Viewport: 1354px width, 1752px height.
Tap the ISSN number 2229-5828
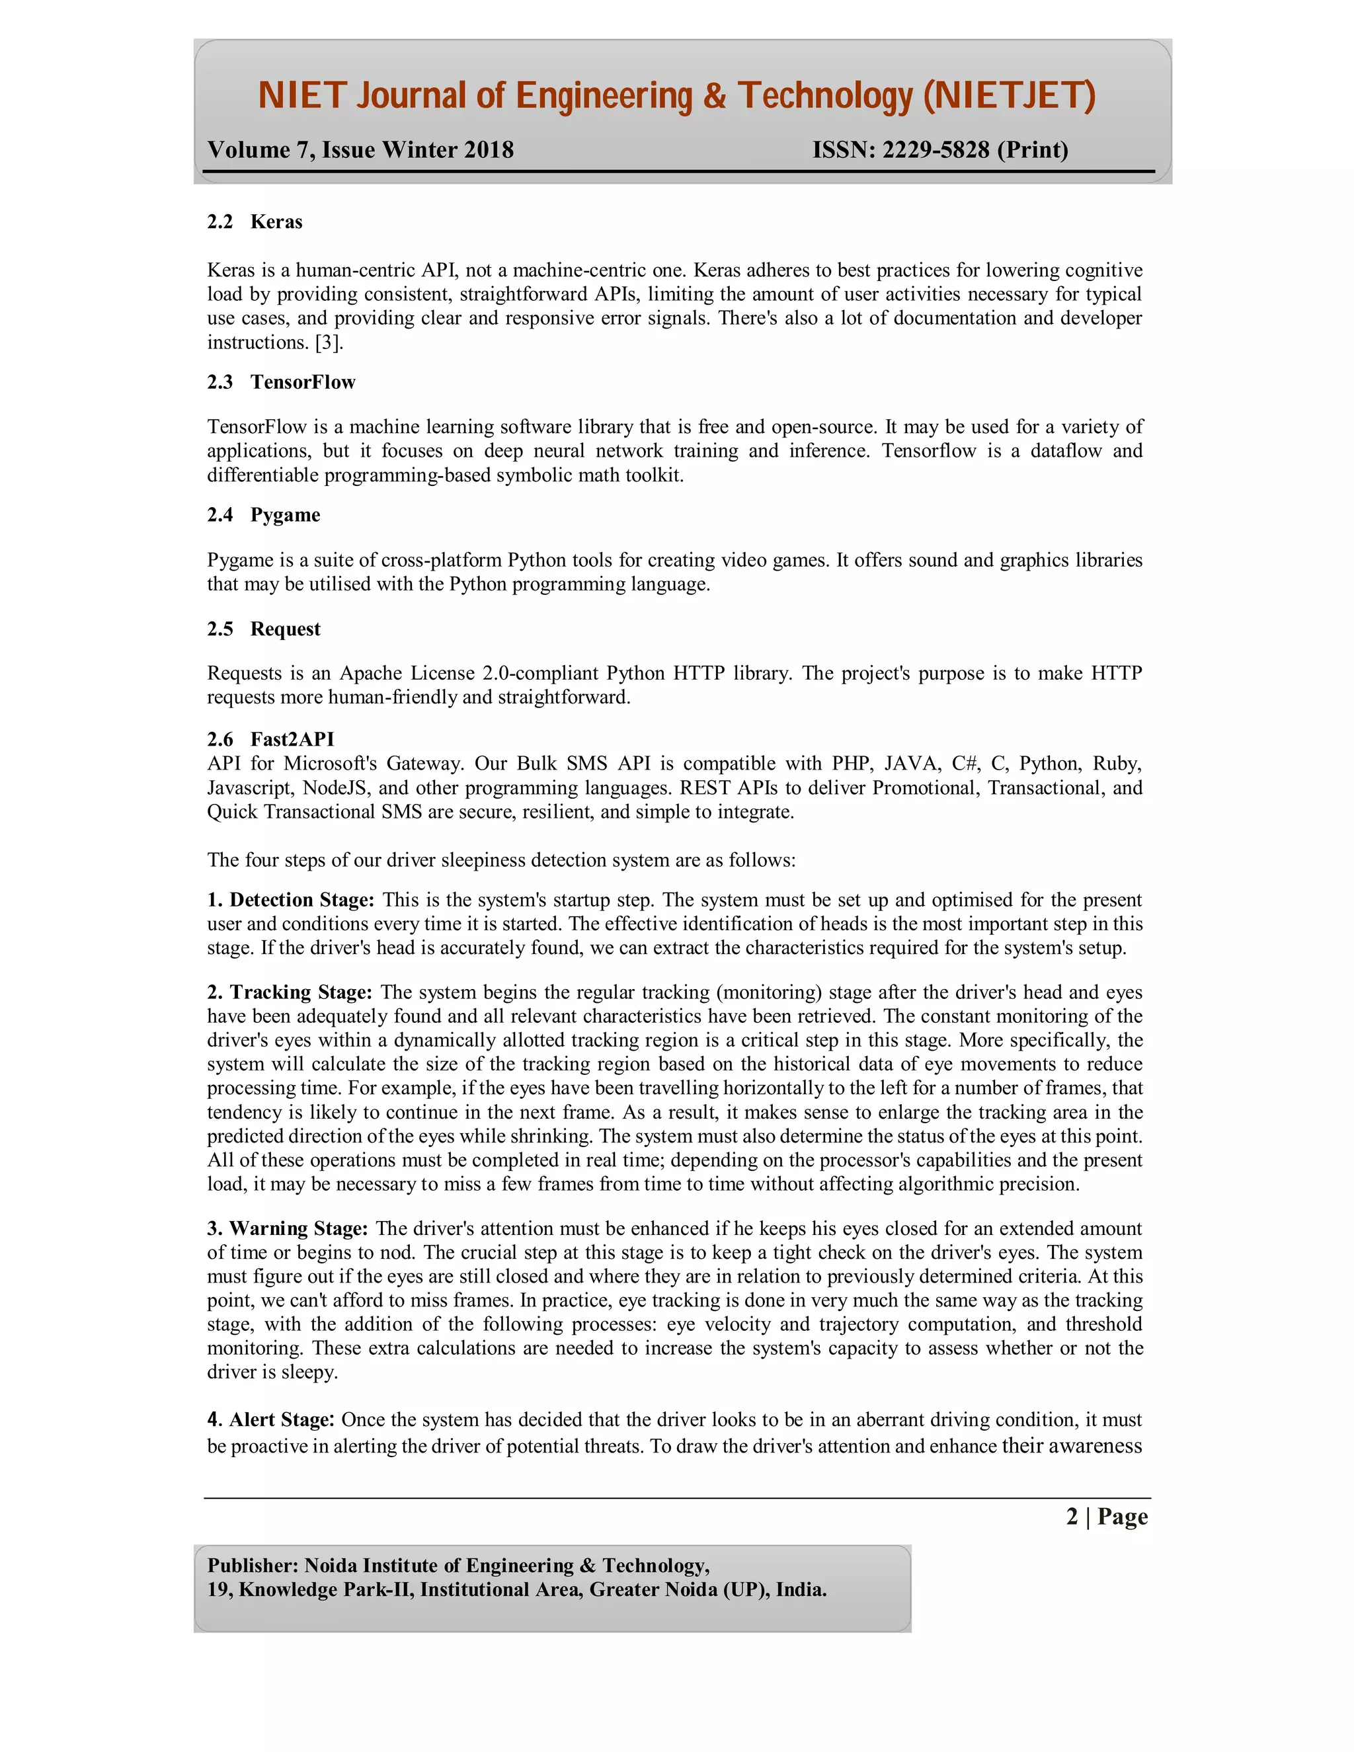pyautogui.click(x=936, y=150)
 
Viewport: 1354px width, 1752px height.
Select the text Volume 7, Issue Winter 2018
pyautogui.click(x=360, y=150)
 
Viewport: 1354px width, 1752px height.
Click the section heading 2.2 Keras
pyautogui.click(x=255, y=221)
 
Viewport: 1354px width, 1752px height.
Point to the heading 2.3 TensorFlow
pyautogui.click(x=281, y=382)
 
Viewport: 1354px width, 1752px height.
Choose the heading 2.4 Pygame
pyautogui.click(x=263, y=515)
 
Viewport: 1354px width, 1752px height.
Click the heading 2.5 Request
pyautogui.click(x=263, y=629)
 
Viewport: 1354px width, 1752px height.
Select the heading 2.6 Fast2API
pyautogui.click(x=270, y=739)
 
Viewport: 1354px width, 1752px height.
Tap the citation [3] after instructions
pyautogui.click(x=328, y=342)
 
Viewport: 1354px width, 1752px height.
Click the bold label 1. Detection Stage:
pyautogui.click(x=290, y=900)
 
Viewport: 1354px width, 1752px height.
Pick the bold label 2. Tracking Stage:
pyautogui.click(x=290, y=992)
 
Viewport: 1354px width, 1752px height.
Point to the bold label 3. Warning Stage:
pyautogui.click(x=287, y=1228)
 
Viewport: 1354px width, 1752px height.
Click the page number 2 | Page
pyautogui.click(x=1106, y=1516)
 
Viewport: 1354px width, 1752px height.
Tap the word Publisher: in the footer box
pyautogui.click(x=253, y=1565)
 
